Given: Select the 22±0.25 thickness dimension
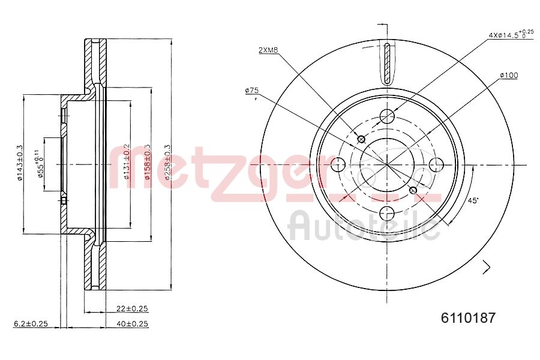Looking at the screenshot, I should tap(132, 308).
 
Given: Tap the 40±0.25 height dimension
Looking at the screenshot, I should tap(132, 324).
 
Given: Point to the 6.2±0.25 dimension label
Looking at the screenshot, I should tap(31, 324).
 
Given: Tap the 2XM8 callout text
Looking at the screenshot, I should tap(268, 50).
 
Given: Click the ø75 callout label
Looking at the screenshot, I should tap(251, 90).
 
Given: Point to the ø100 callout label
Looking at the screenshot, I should tap(508, 75).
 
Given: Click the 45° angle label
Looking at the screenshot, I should tap(473, 201).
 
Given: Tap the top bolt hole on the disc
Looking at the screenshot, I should tap(388, 115).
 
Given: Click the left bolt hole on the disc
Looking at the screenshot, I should tap(338, 164).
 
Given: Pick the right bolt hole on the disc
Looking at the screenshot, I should tap(436, 164).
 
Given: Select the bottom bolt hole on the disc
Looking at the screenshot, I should tap(388, 212).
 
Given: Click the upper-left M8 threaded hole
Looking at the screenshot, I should tap(361, 139).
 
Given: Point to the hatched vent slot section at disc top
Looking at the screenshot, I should tap(388, 64).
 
